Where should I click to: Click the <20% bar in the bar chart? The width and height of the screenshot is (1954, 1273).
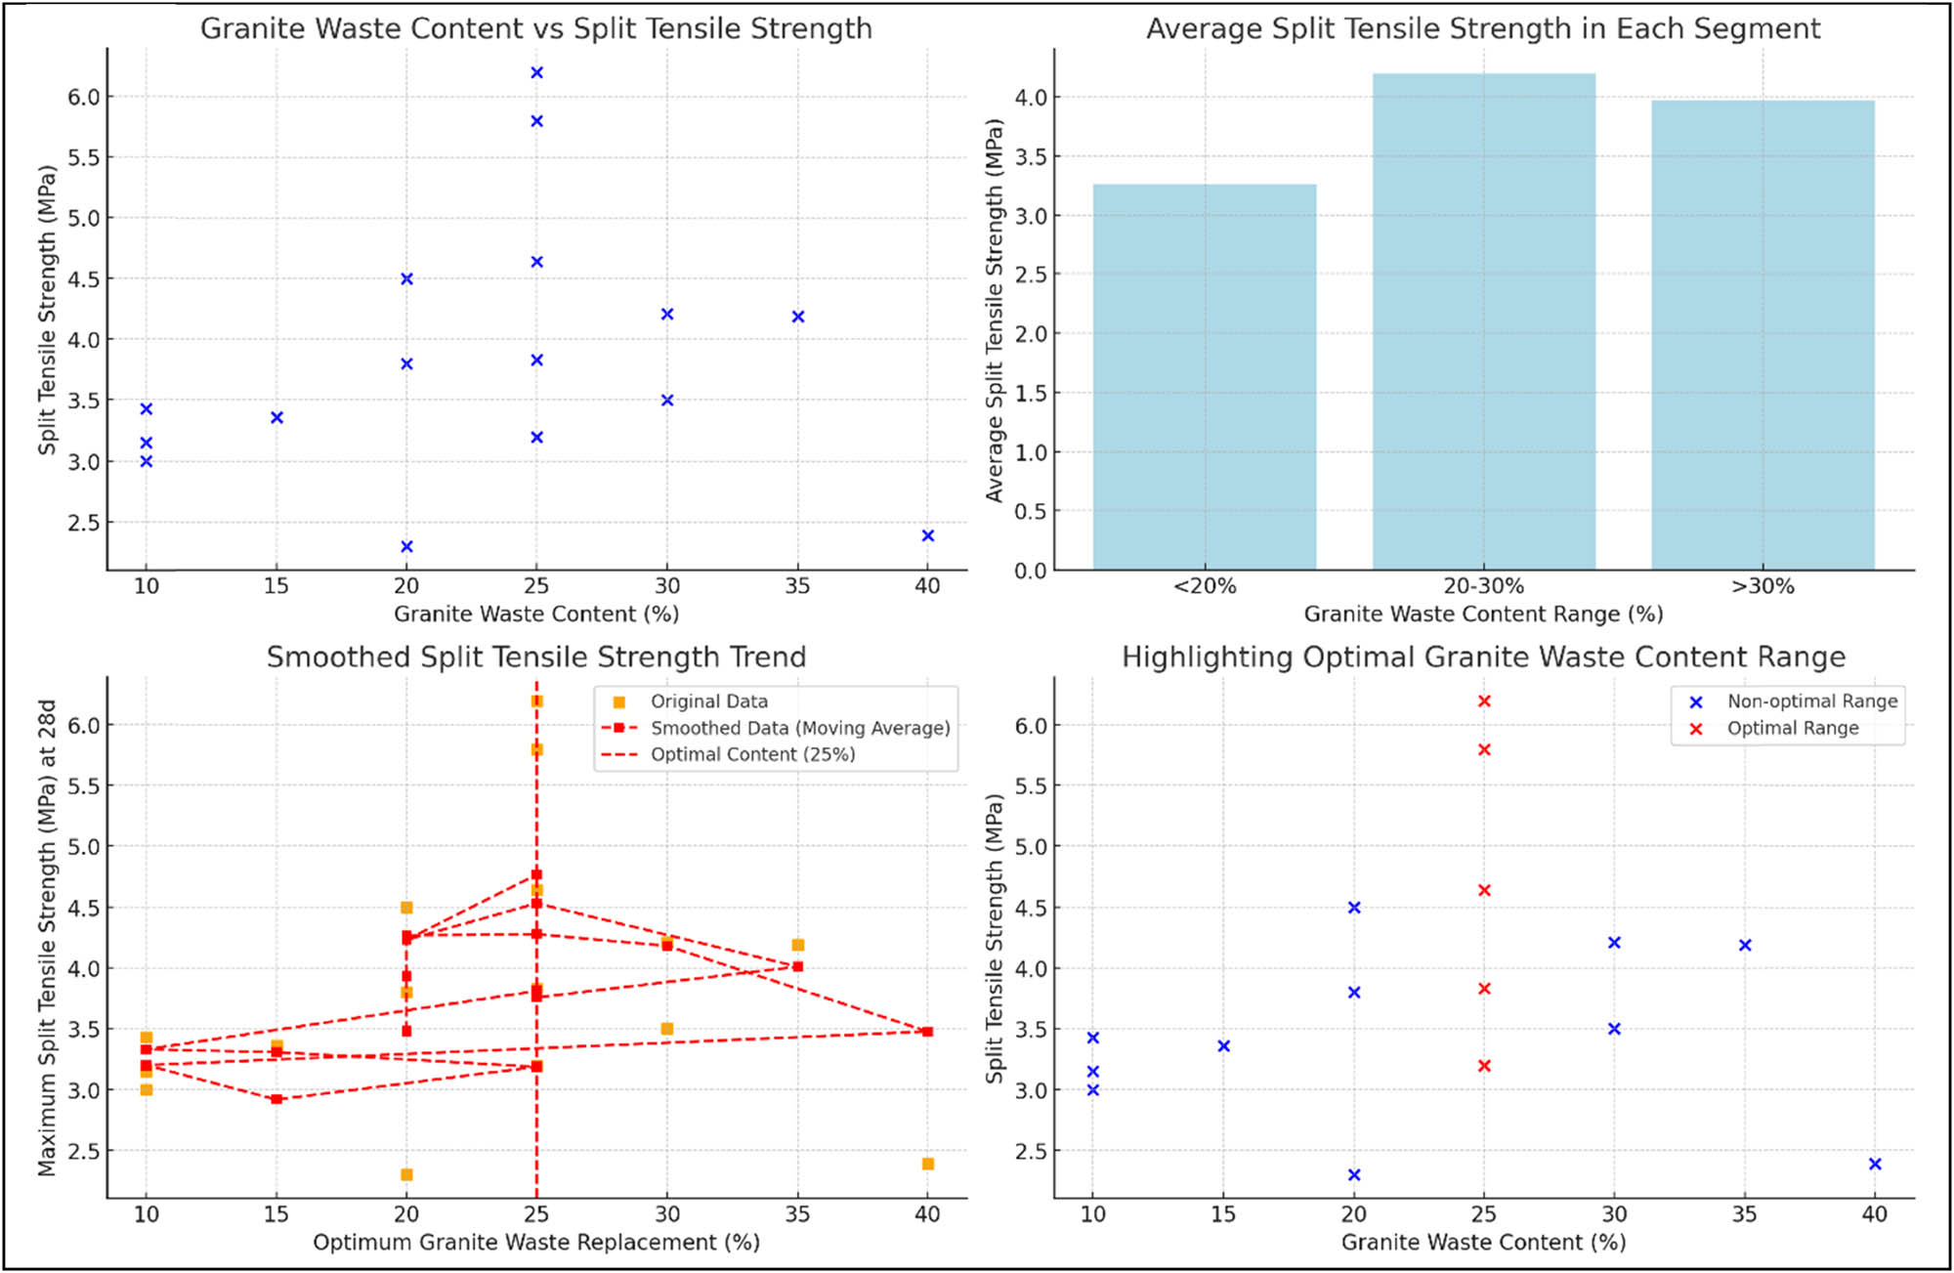click(1204, 376)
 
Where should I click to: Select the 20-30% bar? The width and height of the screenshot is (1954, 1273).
click(1483, 322)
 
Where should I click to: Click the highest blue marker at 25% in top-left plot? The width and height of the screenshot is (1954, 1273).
click(536, 73)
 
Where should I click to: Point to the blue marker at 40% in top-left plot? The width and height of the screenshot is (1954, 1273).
click(928, 535)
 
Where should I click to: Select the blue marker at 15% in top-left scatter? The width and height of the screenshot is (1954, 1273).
click(276, 418)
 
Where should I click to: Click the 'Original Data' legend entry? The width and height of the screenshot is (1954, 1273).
click(708, 701)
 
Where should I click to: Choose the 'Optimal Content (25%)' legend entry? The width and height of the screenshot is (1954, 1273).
click(752, 754)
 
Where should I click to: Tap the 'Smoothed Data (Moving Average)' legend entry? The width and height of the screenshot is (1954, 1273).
click(799, 728)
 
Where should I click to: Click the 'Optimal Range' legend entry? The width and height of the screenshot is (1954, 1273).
click(1792, 728)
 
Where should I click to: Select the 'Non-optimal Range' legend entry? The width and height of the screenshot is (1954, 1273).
click(1811, 701)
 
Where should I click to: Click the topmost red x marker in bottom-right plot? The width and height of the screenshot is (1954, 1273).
click(1484, 701)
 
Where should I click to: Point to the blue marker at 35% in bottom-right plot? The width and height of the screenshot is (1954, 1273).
click(1745, 945)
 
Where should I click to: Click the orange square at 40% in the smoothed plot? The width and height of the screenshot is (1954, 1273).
click(928, 1164)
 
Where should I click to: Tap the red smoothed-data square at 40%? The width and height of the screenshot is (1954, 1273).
click(928, 1032)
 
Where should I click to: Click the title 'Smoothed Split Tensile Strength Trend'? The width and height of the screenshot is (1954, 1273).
click(536, 657)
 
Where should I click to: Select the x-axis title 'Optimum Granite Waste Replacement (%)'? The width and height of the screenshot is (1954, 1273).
click(536, 1242)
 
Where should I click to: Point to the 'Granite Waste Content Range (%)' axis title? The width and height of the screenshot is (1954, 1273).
click(1483, 614)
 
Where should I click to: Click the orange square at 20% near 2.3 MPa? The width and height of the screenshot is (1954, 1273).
click(406, 1174)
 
